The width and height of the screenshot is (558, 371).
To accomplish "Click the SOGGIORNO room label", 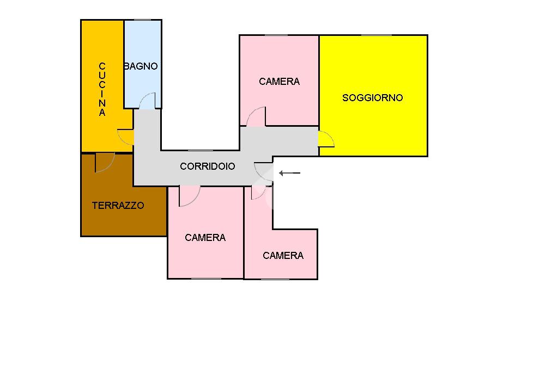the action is click(x=372, y=98).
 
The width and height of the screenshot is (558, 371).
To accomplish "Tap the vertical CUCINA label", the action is click(x=102, y=90).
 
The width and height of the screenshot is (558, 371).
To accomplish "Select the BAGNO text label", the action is click(x=141, y=66).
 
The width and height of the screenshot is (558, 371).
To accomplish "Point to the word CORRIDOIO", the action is click(x=207, y=166).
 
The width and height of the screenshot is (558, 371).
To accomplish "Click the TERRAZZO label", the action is click(x=118, y=206).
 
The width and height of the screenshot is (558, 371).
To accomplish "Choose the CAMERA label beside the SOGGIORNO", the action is click(x=279, y=82).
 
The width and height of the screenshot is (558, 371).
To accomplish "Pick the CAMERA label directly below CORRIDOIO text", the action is click(x=205, y=238).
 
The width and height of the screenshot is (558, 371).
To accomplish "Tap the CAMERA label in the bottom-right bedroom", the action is click(x=283, y=256).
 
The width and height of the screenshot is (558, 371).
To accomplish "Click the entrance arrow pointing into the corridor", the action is click(x=289, y=174).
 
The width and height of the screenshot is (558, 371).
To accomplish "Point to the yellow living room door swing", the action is click(x=326, y=139).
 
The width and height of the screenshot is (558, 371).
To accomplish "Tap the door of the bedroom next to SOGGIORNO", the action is click(x=256, y=118).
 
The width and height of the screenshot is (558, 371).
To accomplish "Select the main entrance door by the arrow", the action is click(x=264, y=171).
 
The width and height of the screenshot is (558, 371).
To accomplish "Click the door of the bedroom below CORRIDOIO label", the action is click(x=189, y=196).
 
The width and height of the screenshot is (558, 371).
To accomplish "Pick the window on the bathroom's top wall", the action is click(x=142, y=20).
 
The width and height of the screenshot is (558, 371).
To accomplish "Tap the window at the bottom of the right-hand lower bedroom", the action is click(x=275, y=279).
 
